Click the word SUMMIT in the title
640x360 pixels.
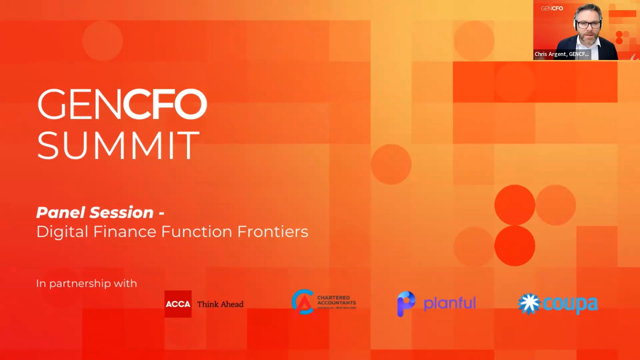[x=118, y=145]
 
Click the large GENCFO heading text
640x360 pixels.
[x=122, y=104]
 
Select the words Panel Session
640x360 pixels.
[x=95, y=213]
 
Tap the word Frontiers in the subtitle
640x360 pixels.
[x=272, y=232]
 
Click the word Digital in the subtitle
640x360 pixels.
[x=62, y=232]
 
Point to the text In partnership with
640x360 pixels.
[x=86, y=283]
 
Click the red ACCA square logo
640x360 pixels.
[x=178, y=304]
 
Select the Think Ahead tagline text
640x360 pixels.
[x=220, y=304]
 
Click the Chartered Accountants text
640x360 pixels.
[x=336, y=300]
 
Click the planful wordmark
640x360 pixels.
[x=449, y=303]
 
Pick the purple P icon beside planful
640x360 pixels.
[x=406, y=303]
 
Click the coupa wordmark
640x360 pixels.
[x=570, y=304]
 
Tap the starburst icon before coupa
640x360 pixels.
[x=529, y=304]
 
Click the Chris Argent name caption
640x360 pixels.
[x=562, y=54]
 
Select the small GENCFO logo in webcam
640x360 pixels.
[x=552, y=8]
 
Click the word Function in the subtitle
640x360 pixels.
[x=196, y=232]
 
